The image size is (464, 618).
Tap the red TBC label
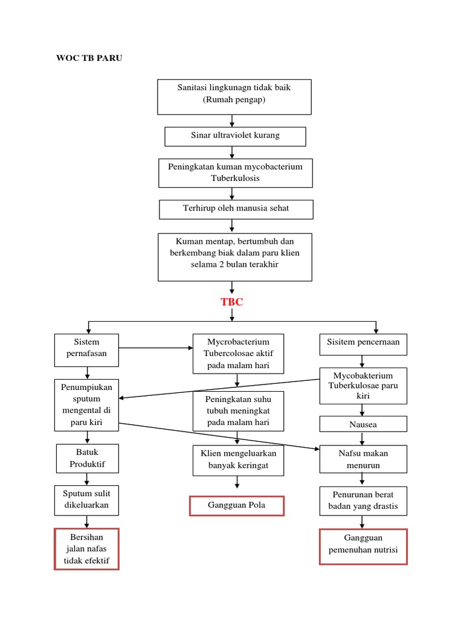tap(232, 302)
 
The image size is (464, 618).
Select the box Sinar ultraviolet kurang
tap(235, 136)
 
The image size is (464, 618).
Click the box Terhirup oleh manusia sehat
tap(236, 209)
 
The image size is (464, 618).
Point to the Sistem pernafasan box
tap(86, 349)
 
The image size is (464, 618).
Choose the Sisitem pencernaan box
tap(362, 342)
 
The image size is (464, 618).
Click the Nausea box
tap(362, 424)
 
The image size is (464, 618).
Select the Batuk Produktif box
tap(87, 459)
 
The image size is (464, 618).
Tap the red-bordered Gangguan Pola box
tap(237, 505)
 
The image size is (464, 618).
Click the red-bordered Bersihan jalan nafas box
tap(87, 549)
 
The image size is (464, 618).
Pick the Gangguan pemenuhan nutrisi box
tap(363, 546)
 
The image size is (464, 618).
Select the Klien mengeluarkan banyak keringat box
tap(237, 460)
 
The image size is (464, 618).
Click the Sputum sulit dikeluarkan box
tap(87, 500)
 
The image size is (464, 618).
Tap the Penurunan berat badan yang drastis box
tap(363, 500)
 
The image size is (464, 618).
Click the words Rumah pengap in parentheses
tap(234, 100)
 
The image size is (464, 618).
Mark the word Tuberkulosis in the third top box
tap(236, 179)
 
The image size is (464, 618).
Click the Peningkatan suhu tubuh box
tap(237, 411)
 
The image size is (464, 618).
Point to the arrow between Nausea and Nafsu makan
tap(362, 439)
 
